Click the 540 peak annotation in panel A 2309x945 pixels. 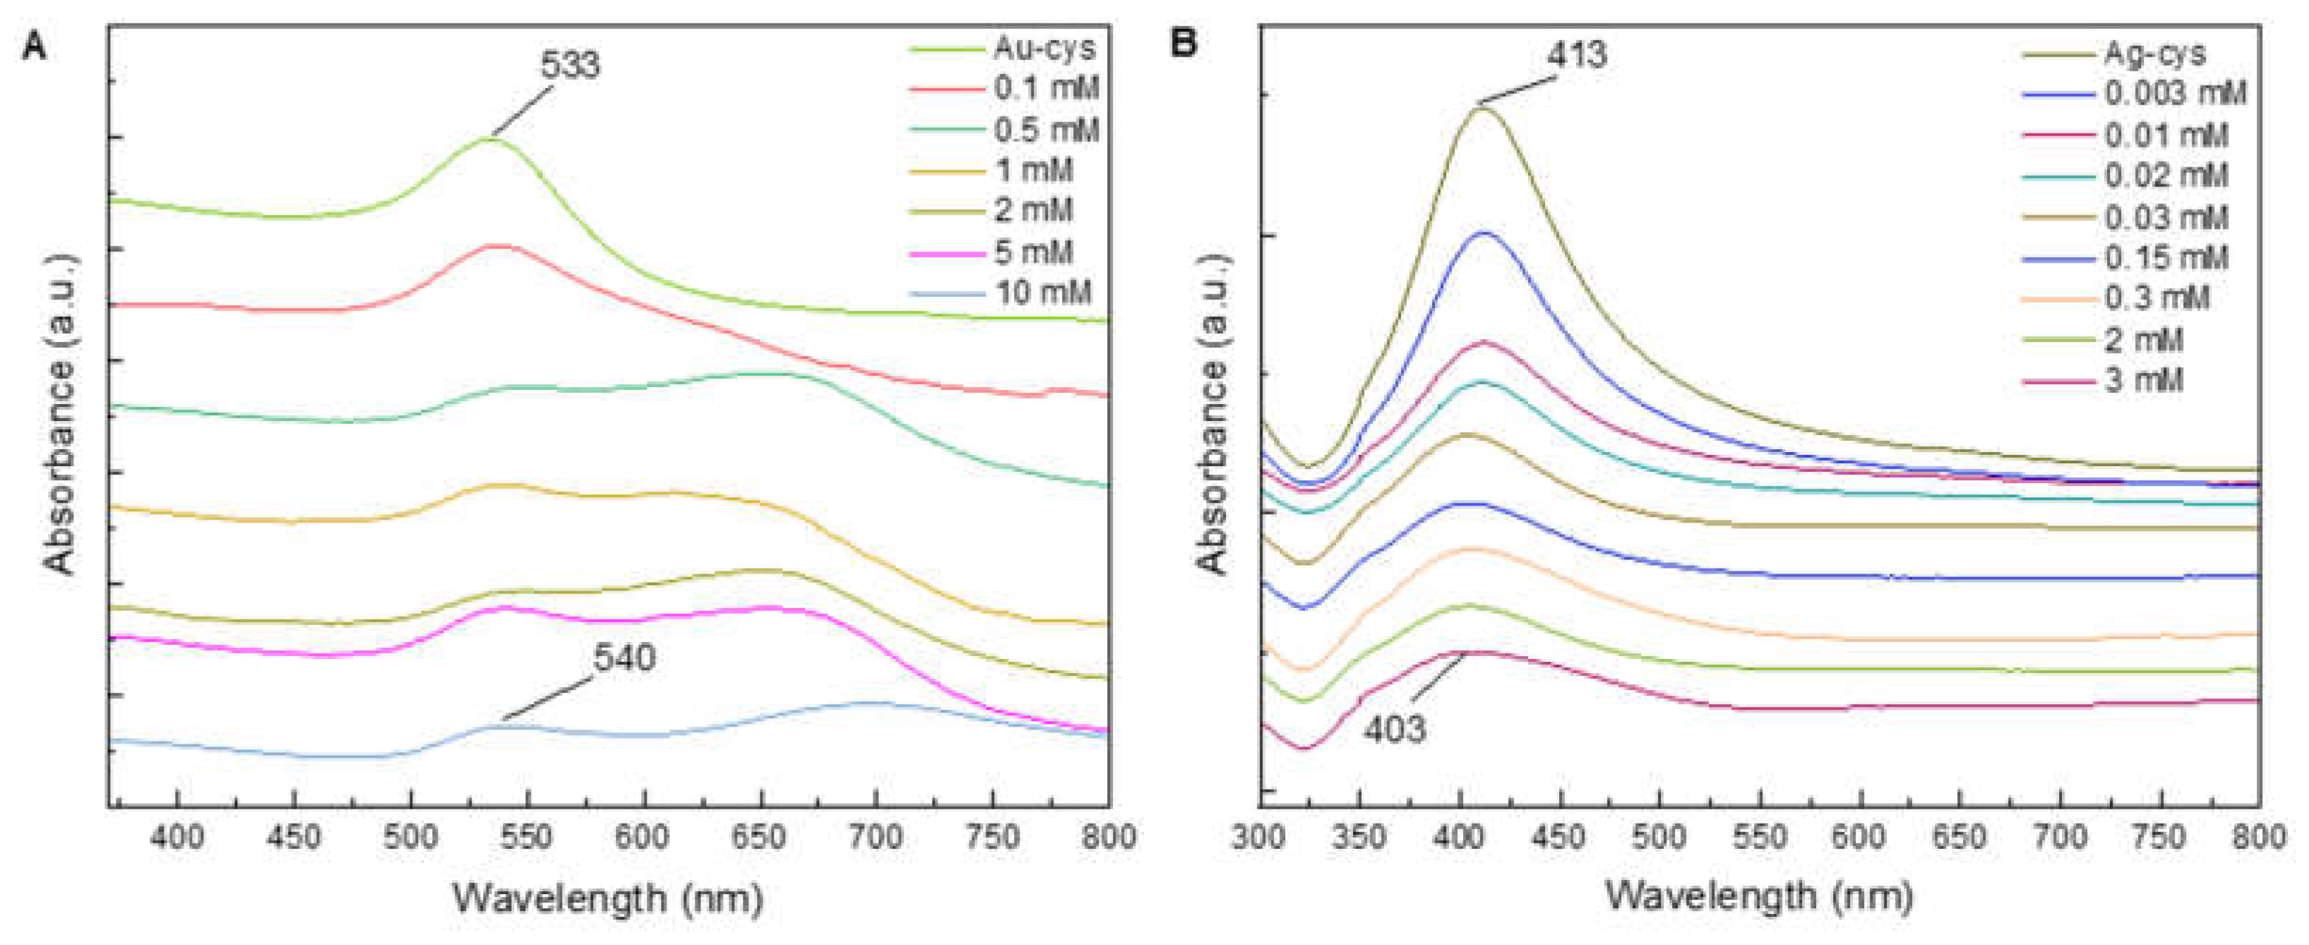coord(624,658)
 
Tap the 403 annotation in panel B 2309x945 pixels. coord(1395,729)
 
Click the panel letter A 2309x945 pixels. coord(34,44)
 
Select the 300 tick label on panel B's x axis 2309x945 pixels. coord(1260,838)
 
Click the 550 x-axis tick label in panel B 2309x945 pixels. coord(1760,838)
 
